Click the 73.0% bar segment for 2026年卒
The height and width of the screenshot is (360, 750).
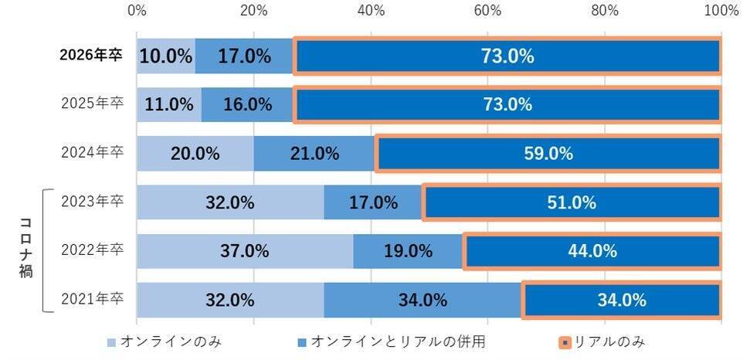(x=507, y=56)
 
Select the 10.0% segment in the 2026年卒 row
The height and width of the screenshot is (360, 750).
(x=166, y=56)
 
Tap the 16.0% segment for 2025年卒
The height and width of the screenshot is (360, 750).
(x=247, y=105)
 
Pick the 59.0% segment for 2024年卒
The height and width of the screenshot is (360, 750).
(x=548, y=154)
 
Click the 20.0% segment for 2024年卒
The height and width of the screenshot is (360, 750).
(x=195, y=154)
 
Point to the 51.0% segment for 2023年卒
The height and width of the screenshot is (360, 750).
(x=572, y=202)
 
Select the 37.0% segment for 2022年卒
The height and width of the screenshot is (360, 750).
(x=245, y=251)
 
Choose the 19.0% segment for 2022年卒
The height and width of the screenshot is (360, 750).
(x=409, y=251)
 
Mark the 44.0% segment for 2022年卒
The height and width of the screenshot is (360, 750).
(x=592, y=251)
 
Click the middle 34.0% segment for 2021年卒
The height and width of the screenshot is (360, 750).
(x=423, y=301)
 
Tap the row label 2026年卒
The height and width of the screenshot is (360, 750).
(x=92, y=56)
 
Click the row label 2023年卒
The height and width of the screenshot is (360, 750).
(x=92, y=202)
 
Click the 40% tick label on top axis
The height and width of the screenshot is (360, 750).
(x=371, y=10)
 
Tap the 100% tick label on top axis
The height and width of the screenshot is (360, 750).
(x=721, y=10)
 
